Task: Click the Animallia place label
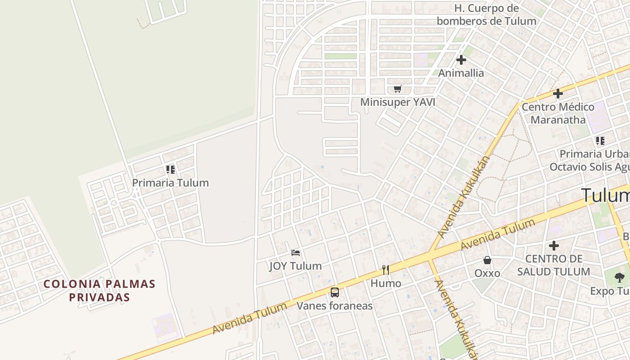coord(461,73)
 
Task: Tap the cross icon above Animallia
coord(461,59)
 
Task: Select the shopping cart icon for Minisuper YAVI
coord(397,89)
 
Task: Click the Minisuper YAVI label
coord(397,102)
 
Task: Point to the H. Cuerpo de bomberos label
coord(486,14)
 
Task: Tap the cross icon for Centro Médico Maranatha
coord(558,94)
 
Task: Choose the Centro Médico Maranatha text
coord(558,113)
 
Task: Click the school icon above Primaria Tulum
coord(170,170)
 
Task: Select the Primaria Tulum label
coord(170,183)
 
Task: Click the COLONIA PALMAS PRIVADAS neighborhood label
coord(99,290)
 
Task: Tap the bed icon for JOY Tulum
coord(296,253)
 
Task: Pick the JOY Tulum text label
coord(296,266)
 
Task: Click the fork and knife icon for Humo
coord(386,270)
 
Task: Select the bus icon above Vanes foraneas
coord(335,292)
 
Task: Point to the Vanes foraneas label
coord(335,306)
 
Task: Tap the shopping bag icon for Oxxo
coord(487,260)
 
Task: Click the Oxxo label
coord(487,273)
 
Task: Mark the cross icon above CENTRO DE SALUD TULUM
coord(554,246)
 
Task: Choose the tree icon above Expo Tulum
coord(620,277)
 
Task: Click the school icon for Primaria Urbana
coord(600,141)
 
